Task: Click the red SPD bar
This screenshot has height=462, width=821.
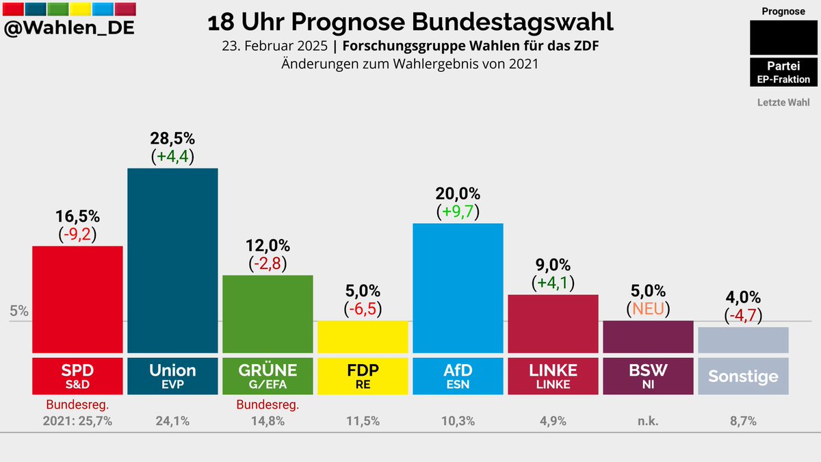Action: pyautogui.click(x=77, y=298)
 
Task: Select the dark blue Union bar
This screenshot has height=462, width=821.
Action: pyautogui.click(x=172, y=260)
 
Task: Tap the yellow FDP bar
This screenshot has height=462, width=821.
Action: pyautogui.click(x=363, y=336)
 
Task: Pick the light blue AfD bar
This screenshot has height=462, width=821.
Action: pyautogui.click(x=458, y=287)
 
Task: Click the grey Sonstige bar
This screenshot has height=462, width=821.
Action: pyautogui.click(x=743, y=339)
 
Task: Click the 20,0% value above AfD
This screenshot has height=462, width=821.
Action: pyautogui.click(x=458, y=193)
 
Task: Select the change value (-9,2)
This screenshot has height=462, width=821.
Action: pyautogui.click(x=77, y=234)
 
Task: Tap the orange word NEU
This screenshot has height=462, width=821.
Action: pyautogui.click(x=648, y=309)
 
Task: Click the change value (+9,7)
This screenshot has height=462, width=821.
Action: pyautogui.click(x=458, y=211)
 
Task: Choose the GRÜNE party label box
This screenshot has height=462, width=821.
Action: pyautogui.click(x=268, y=375)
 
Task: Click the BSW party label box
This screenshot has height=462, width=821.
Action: pyautogui.click(x=648, y=375)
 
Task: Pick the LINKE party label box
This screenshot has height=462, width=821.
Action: pyautogui.click(x=553, y=375)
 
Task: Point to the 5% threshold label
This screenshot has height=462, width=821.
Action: pyautogui.click(x=19, y=310)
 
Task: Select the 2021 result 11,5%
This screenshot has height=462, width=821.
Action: pyautogui.click(x=363, y=421)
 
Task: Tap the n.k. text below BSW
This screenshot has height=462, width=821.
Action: pyautogui.click(x=648, y=421)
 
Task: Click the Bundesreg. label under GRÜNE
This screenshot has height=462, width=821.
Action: pyautogui.click(x=268, y=405)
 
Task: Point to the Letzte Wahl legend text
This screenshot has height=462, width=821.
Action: pyautogui.click(x=783, y=103)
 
